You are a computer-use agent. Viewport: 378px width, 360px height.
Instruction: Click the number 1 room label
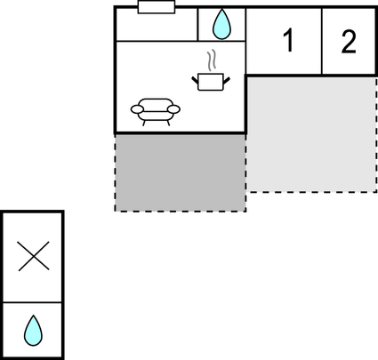[288, 41]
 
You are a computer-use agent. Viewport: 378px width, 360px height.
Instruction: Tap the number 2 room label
[349, 42]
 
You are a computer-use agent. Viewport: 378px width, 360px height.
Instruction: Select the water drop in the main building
[221, 24]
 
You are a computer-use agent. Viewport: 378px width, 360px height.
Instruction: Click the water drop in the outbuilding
[33, 331]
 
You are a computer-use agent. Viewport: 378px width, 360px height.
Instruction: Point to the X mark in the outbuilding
[34, 256]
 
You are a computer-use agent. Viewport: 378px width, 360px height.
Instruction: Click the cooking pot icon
[211, 82]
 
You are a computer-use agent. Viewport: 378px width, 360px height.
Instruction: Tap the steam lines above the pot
[211, 60]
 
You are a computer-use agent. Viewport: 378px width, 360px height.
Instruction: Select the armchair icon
[156, 112]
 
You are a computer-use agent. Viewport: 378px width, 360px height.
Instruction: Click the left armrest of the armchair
[137, 109]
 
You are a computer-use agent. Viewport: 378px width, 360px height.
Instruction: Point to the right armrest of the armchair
[173, 109]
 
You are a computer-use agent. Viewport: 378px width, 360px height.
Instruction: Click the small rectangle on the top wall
[157, 7]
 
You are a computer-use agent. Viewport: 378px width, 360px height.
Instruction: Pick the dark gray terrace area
[181, 172]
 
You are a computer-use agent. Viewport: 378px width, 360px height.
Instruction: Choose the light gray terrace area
[311, 135]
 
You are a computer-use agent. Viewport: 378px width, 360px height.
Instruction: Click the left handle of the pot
[195, 80]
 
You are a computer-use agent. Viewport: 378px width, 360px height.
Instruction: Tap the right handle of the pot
[227, 80]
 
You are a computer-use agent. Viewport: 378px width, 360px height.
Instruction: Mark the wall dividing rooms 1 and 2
[322, 41]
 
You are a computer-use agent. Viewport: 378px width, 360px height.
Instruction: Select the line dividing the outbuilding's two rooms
[32, 302]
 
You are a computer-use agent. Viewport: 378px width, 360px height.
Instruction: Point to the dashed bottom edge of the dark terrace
[181, 212]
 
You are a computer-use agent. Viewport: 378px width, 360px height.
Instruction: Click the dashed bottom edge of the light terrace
[311, 192]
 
